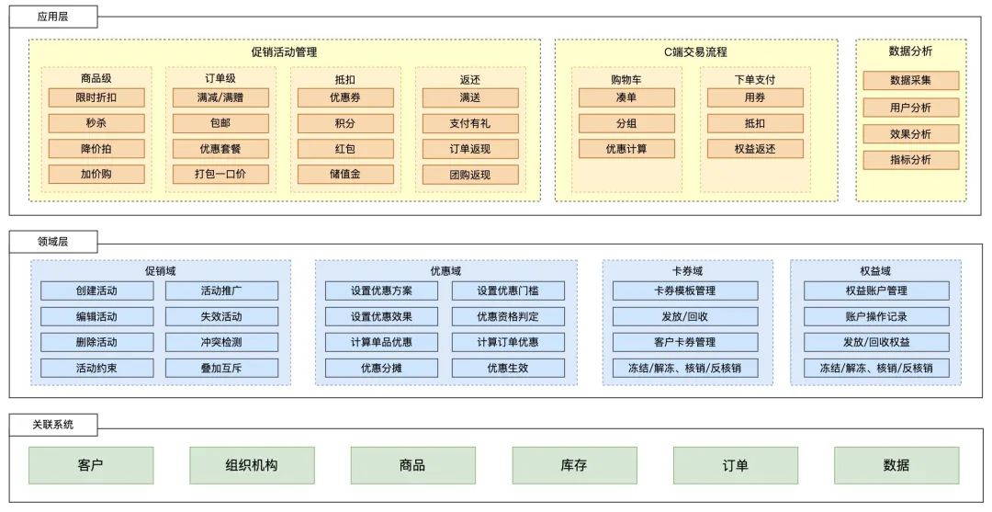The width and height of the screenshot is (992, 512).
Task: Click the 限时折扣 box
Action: pos(96,97)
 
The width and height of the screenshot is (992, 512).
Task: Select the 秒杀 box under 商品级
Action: pos(96,123)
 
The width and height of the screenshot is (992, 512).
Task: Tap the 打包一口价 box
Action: pos(220,175)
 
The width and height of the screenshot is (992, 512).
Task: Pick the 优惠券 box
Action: pos(345,97)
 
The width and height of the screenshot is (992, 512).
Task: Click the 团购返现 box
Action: pos(470,175)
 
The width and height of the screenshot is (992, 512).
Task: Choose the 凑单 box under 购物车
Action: pos(626,97)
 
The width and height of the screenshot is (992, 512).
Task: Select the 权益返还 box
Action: pos(755,149)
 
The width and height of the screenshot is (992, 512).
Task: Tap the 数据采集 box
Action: pos(910,81)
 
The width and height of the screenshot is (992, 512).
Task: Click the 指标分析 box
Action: pos(910,160)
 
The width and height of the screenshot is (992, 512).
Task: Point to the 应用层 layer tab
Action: pos(53,17)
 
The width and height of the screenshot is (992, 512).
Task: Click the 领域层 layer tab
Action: pos(53,242)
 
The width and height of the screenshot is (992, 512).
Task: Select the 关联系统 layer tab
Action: pos(53,425)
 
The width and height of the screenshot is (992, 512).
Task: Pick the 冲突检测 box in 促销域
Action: pos(221,342)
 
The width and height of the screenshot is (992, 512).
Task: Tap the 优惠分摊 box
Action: pos(381,368)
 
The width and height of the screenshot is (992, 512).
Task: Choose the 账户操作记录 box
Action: pos(875,316)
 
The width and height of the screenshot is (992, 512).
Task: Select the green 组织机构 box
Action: pos(252,465)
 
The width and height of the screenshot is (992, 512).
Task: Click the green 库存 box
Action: pos(574,465)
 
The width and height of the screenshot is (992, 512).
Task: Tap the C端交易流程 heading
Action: pos(695,53)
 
